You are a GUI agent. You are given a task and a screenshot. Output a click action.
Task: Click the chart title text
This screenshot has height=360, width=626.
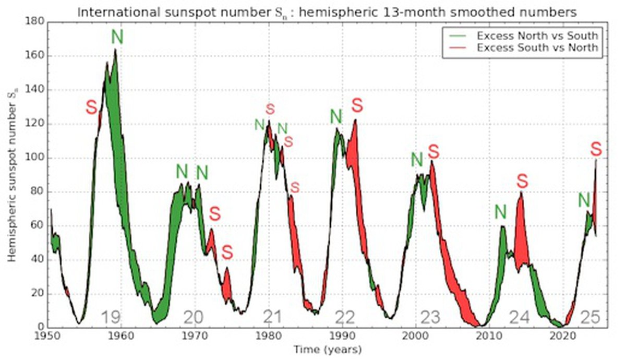coord(327,12)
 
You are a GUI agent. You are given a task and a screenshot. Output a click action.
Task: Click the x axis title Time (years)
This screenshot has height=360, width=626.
coord(327,349)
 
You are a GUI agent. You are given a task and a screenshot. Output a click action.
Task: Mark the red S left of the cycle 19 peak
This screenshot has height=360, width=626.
coord(91,108)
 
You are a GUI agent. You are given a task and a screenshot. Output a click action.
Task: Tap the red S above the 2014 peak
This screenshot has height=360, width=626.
coord(522,181)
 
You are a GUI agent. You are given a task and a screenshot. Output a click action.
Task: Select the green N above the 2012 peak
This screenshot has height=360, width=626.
coord(500,212)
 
